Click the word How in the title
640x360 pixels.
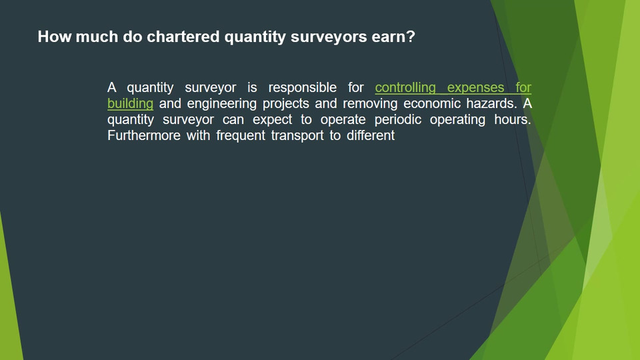pyautogui.click(x=55, y=37)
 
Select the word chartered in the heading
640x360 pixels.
pyautogui.click(x=183, y=37)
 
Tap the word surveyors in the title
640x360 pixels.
pyautogui.click(x=329, y=37)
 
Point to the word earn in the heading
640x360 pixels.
pyautogui.click(x=389, y=37)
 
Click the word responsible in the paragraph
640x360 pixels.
pyautogui.click(x=303, y=88)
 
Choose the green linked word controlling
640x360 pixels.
pyautogui.click(x=405, y=88)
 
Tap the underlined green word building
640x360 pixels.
pyautogui.click(x=130, y=104)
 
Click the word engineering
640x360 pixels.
pyautogui.click(x=221, y=104)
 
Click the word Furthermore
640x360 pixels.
pyautogui.click(x=144, y=135)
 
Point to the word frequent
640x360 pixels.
pyautogui.click(x=241, y=135)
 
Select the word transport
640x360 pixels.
pyautogui.click(x=297, y=136)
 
